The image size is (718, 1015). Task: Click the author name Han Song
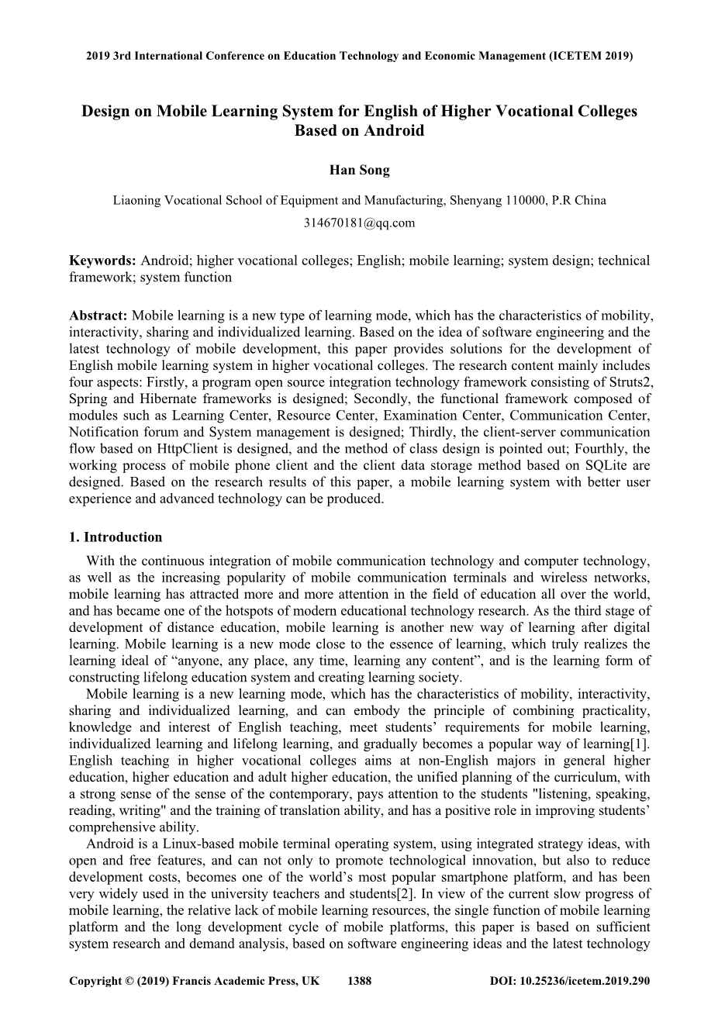(359, 171)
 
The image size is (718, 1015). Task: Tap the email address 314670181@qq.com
(359, 223)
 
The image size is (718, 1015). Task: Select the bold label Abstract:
(98, 315)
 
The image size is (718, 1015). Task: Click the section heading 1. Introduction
(116, 537)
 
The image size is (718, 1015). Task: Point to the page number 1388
(359, 981)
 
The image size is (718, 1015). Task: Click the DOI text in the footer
(569, 981)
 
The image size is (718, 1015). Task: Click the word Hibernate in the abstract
(176, 399)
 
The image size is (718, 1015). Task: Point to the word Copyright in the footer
(95, 981)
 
